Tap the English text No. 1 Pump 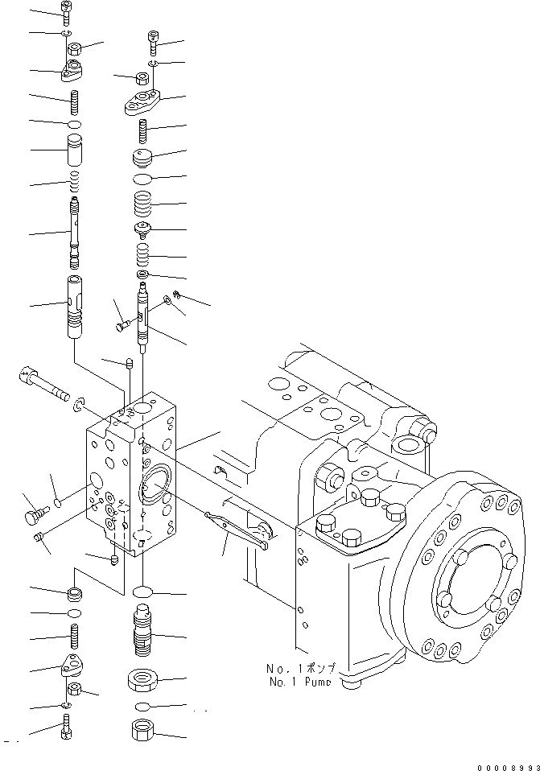pos(308,681)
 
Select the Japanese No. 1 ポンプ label pos(308,668)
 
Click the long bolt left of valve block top pos(44,385)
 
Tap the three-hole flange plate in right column pos(144,102)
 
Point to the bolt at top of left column pos(65,11)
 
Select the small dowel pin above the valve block pos(129,365)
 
